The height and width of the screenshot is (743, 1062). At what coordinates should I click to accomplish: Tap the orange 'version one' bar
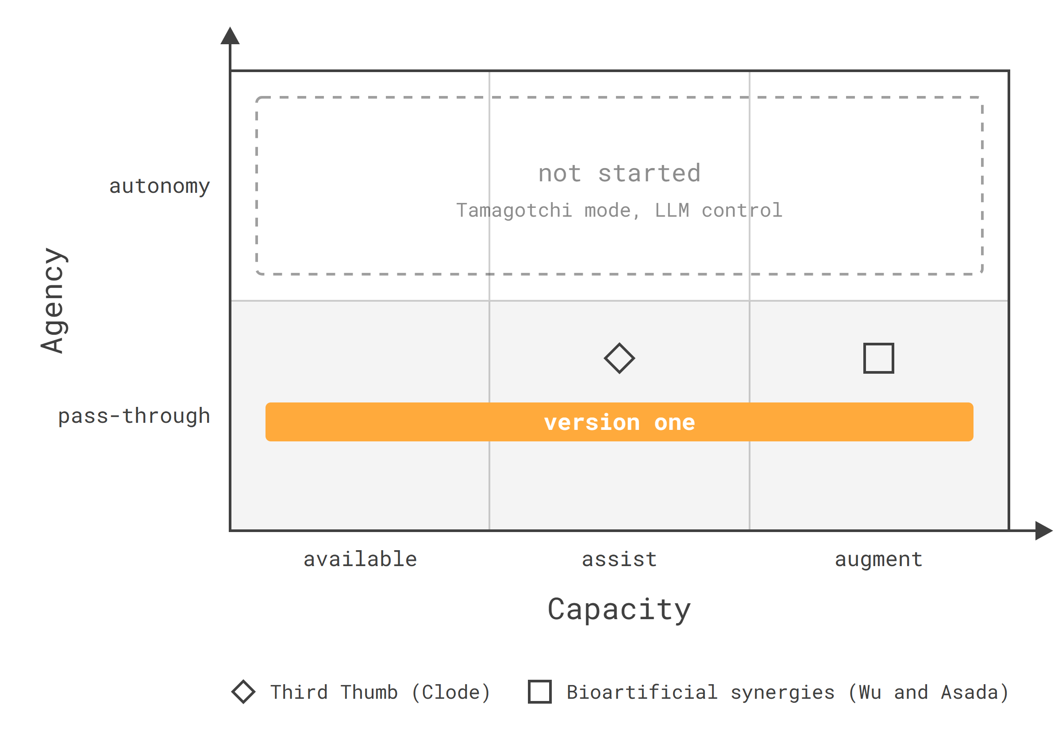619,422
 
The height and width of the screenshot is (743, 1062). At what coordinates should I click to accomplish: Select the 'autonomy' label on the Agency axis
160,186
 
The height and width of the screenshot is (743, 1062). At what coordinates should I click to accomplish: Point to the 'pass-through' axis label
134,416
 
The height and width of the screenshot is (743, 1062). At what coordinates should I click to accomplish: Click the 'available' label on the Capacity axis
360,559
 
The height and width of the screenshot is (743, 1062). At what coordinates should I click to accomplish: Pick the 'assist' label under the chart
619,559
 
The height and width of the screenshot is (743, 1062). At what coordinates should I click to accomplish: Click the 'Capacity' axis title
619,610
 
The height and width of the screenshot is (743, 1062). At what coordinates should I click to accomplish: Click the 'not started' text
619,173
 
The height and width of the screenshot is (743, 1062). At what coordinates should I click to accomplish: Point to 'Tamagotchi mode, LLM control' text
619,211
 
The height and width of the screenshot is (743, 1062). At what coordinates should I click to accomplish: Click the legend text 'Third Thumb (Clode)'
380,693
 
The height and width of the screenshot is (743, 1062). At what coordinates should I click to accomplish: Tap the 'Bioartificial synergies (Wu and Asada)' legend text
788,693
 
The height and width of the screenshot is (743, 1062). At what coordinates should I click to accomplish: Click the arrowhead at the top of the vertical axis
230,35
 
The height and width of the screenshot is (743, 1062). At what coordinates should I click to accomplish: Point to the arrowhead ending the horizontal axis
1044,531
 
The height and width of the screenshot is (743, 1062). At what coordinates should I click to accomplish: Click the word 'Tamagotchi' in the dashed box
514,211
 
